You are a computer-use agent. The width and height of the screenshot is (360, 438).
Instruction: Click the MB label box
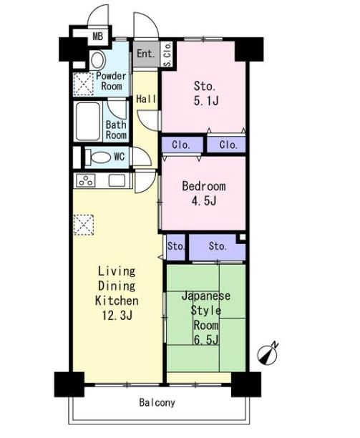point(98,36)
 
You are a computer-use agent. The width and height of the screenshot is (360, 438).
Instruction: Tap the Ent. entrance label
point(146,54)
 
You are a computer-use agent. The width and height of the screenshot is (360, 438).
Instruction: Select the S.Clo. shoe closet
point(167,54)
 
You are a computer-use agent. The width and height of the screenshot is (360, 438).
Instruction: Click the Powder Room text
point(111,81)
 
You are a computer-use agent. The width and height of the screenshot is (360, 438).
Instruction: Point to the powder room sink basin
point(97,60)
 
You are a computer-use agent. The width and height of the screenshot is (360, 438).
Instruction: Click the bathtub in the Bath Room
point(88,122)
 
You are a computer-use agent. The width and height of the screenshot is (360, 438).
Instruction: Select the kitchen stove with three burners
point(86,180)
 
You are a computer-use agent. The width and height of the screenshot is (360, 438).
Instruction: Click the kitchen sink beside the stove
point(117,180)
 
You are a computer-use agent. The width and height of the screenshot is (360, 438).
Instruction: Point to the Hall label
point(146,99)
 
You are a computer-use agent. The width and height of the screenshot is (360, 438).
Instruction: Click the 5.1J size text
point(206,101)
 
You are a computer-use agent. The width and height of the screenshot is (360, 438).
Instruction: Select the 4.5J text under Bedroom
point(204,200)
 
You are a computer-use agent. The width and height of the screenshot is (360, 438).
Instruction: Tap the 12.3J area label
point(117,316)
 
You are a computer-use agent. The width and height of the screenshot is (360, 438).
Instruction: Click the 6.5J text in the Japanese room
point(206,340)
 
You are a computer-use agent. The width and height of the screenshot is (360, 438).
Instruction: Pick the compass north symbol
point(268,354)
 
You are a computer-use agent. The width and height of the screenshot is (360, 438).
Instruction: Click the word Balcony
point(157,402)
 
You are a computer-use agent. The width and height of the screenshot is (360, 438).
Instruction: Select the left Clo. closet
point(182,145)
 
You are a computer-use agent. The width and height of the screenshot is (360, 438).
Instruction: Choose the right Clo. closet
point(226,145)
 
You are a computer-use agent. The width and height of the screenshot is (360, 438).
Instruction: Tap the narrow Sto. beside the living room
point(175,247)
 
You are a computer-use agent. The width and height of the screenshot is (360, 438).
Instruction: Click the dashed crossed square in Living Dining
point(84,225)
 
